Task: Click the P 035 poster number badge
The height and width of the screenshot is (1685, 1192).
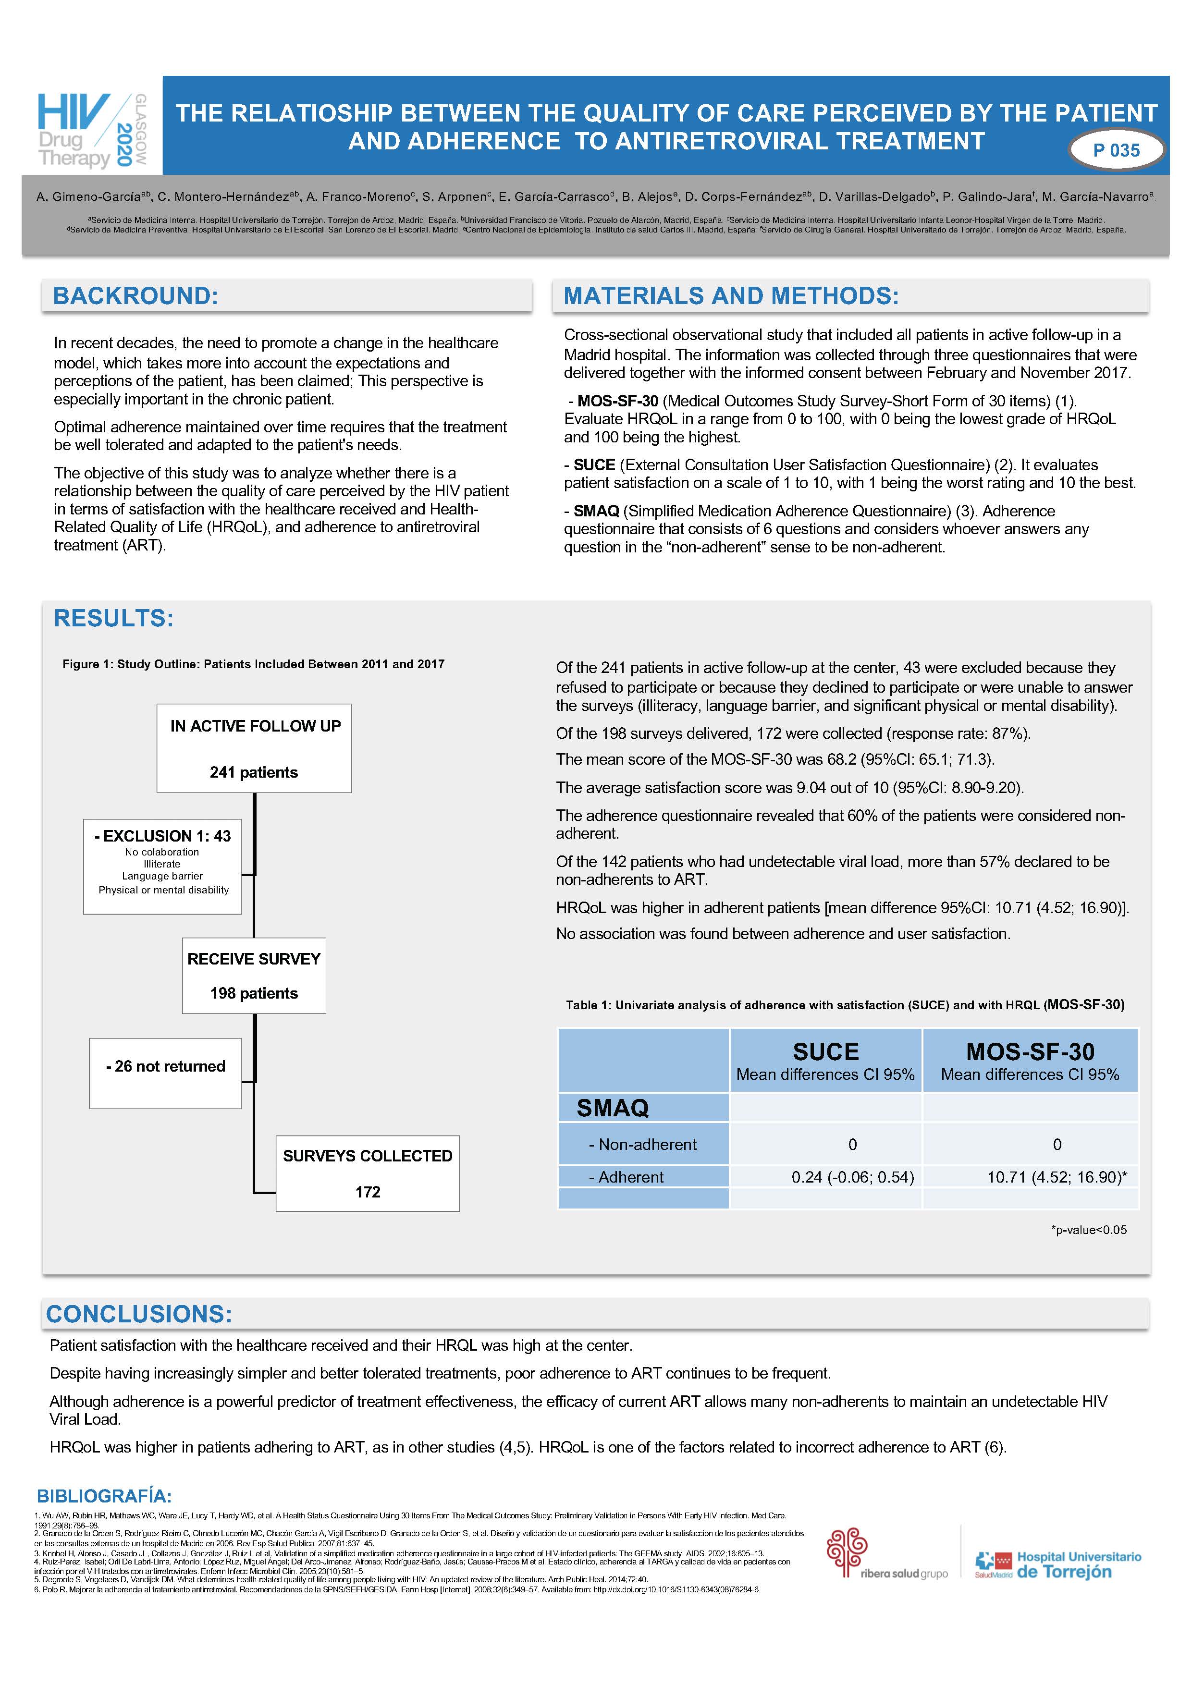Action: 1116,150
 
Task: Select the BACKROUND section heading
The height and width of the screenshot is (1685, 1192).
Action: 136,296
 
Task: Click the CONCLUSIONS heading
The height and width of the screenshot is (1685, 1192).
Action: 139,1314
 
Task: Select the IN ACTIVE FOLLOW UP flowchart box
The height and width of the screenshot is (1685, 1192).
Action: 254,748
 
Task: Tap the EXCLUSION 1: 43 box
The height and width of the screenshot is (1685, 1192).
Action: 162,866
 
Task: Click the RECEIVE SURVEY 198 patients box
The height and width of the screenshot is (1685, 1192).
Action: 254,976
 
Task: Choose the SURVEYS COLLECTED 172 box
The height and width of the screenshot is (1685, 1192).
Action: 368,1173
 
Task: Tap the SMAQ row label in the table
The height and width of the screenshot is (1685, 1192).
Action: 613,1108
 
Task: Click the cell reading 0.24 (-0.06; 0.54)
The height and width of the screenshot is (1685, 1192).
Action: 852,1177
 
